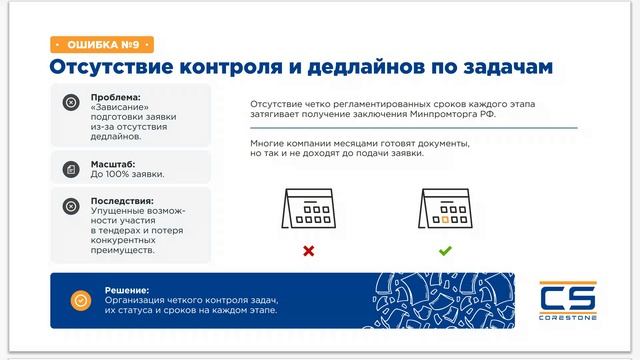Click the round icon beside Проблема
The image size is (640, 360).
[70, 102]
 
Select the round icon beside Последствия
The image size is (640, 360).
[70, 206]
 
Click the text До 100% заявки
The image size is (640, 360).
[127, 174]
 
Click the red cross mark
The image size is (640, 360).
[308, 251]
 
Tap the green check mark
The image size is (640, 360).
[445, 251]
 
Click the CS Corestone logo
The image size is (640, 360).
[567, 301]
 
